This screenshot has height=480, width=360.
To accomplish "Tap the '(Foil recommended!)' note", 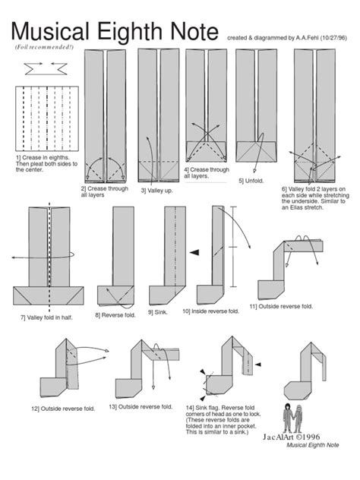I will click(44, 47).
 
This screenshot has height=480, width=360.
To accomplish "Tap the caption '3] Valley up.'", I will click(155, 191).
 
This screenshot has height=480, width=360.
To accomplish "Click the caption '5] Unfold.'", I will click(251, 181).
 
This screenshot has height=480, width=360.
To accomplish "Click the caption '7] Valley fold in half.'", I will click(47, 317).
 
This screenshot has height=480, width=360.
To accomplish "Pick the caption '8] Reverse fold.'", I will click(115, 314).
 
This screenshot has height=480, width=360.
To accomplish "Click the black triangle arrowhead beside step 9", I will click(195, 252).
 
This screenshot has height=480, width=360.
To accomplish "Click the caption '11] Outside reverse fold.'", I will click(282, 305).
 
